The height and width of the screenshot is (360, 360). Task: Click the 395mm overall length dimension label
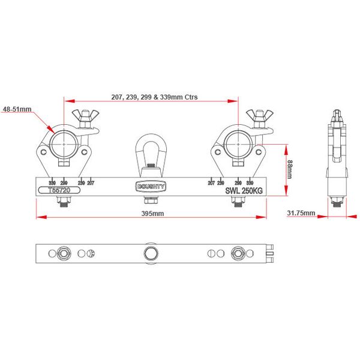tap(152, 214)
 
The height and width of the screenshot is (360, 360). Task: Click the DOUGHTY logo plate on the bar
tap(151, 187)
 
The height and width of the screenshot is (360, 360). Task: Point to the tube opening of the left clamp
tap(64, 143)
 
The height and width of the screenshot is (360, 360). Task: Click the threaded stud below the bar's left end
tap(64, 202)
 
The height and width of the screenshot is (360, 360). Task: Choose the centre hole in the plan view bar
tap(151, 253)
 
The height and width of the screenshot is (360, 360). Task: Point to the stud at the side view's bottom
tap(338, 202)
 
